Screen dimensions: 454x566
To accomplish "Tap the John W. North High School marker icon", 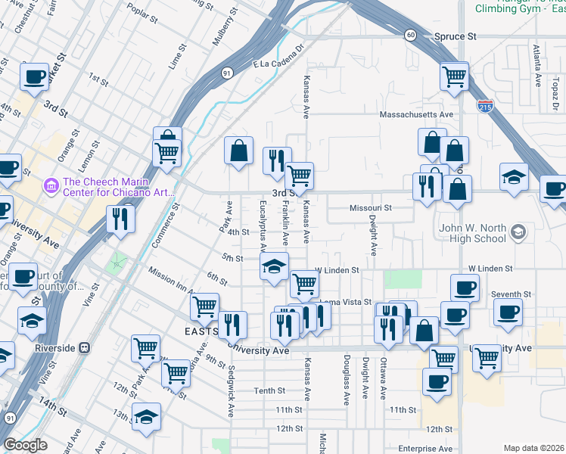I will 518,231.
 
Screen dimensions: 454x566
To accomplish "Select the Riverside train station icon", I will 84,348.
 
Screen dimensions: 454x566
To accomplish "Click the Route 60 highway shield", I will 409,35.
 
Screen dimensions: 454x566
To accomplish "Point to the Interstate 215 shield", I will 485,107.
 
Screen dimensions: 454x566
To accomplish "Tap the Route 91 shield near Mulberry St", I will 227,73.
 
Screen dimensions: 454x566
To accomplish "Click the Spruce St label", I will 455,36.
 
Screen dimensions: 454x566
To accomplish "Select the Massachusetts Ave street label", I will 415,115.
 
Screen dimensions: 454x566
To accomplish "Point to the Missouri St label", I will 370,207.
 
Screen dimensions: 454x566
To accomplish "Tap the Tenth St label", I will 269,391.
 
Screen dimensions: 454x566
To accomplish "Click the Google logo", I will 24,445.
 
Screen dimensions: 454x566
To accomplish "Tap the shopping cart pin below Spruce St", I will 454,76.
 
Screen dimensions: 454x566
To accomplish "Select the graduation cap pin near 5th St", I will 274,266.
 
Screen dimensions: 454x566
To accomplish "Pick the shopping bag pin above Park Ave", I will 238,149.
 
